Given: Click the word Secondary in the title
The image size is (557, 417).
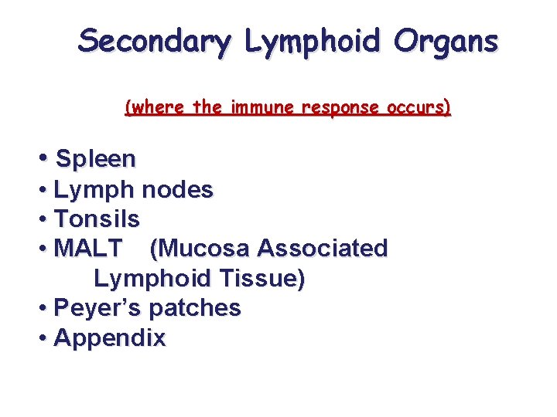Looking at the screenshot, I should click(153, 42).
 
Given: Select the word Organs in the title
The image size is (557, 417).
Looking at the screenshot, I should click(446, 40).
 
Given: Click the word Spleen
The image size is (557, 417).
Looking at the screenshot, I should click(96, 160).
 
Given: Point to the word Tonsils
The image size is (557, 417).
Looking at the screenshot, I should click(97, 219).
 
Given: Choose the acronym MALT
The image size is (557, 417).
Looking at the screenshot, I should click(88, 249).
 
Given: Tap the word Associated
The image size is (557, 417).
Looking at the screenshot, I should click(323, 249).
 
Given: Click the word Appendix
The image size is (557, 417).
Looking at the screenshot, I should click(110, 337).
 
